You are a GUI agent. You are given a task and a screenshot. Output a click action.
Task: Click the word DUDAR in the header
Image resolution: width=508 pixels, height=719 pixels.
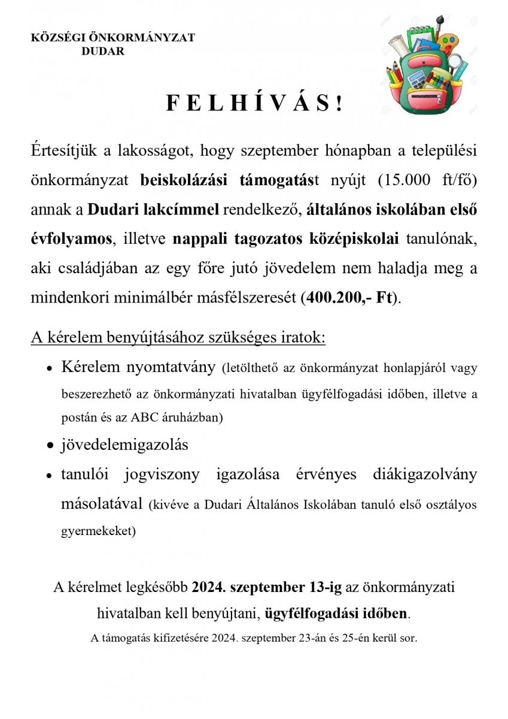(x=103, y=52)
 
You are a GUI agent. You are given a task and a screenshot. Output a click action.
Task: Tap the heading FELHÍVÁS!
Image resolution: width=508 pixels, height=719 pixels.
(x=254, y=104)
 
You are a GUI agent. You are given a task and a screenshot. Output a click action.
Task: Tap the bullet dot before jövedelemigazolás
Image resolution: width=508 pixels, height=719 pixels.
(x=51, y=446)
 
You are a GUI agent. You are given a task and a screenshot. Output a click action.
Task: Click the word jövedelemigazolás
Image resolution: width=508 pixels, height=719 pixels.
(x=124, y=445)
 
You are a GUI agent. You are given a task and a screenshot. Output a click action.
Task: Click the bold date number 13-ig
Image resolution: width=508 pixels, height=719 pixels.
(x=324, y=587)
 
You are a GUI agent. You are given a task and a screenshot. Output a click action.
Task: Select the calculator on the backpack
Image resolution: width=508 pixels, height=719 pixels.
(x=415, y=78)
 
